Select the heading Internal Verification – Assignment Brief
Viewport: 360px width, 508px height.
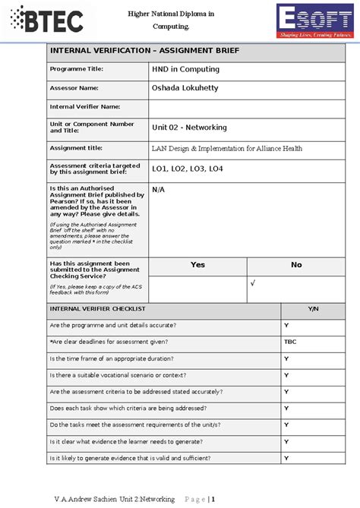(x=144, y=51)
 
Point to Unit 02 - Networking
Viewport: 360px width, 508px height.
(x=189, y=128)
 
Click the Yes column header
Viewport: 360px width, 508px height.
(x=197, y=265)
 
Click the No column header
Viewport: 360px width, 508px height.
(x=296, y=265)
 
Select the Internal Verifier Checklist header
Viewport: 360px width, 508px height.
(x=97, y=309)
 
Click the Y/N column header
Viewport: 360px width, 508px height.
(x=313, y=309)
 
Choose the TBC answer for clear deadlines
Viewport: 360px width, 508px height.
(x=290, y=342)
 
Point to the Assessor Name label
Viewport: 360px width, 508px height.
(x=74, y=88)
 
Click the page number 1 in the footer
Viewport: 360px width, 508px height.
(x=224, y=499)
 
